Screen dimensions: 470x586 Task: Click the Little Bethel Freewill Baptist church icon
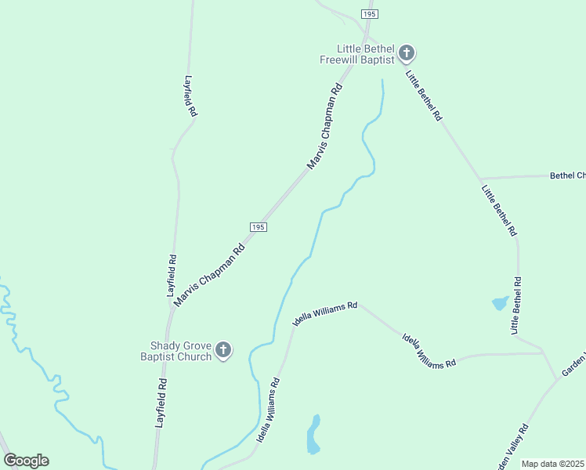(x=406, y=53)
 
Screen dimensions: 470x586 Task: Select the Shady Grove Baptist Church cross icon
(x=223, y=350)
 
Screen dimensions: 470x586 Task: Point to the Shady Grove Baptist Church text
(x=181, y=351)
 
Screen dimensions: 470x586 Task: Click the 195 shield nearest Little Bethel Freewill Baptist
(x=370, y=14)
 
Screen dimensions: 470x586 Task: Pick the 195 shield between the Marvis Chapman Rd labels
(x=259, y=226)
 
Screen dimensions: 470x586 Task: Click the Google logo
(x=26, y=461)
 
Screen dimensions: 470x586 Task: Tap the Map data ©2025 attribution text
(x=553, y=464)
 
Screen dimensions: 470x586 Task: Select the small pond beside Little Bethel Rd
(x=499, y=302)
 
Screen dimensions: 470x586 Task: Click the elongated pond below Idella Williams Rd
(x=314, y=435)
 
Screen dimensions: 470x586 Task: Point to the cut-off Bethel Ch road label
(x=567, y=175)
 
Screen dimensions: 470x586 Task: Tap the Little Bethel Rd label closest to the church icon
(x=424, y=95)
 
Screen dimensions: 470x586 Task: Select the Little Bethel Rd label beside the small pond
(x=516, y=306)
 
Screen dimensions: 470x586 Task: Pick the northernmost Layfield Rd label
(x=190, y=96)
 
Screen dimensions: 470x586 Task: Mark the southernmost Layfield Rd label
(x=162, y=402)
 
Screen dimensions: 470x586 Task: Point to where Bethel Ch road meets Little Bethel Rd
(x=481, y=179)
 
